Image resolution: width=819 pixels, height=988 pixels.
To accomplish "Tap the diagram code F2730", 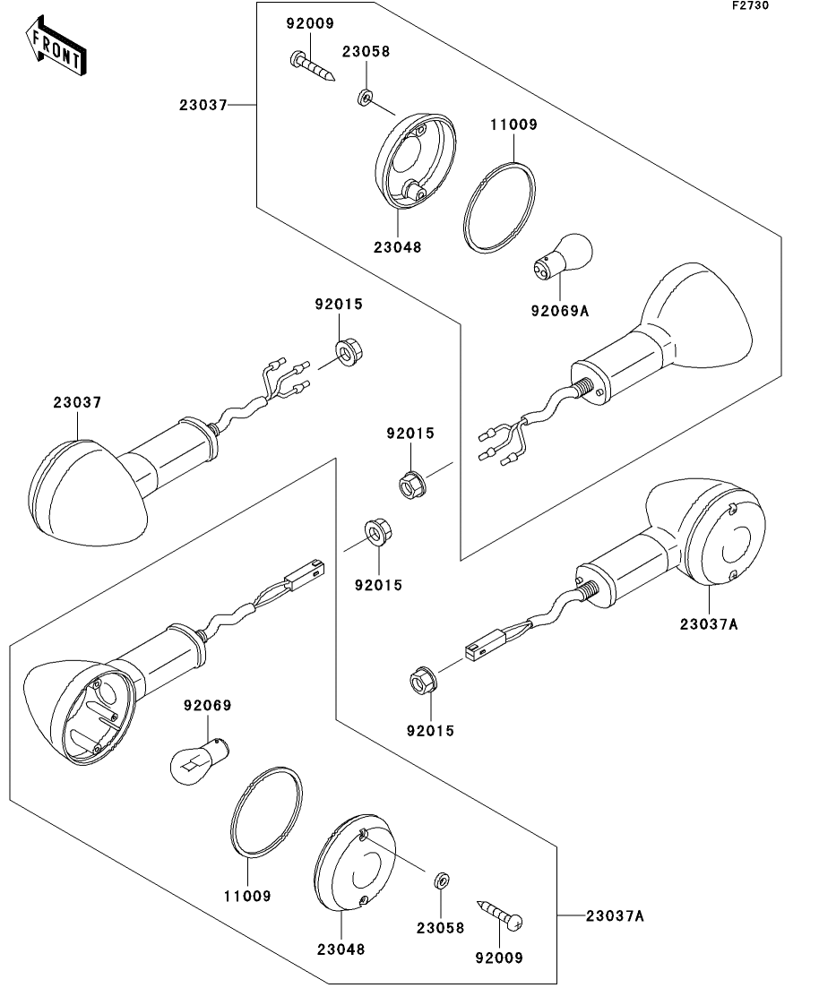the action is coord(750,5).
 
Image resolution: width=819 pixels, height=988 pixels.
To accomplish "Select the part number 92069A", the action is coord(559,311).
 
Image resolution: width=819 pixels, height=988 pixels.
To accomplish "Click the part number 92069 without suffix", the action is coord(207,705).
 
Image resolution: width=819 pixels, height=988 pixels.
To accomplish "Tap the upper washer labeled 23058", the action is coord(365,97).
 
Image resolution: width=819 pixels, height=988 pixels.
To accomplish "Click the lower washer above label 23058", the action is coord(442,880).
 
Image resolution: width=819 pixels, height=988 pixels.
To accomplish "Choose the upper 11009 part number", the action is coord(513,125).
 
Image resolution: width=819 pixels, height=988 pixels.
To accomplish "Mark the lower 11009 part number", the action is coord(247,896).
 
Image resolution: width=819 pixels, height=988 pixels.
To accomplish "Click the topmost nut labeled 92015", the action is coord(344,352).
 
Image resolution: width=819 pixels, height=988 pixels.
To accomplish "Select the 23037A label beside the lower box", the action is coord(615,915).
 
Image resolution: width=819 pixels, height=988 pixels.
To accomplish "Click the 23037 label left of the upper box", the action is coord(203,105).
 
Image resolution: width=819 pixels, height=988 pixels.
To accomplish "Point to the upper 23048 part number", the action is coord(397,247).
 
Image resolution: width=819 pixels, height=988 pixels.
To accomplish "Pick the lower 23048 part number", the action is coord(341,949).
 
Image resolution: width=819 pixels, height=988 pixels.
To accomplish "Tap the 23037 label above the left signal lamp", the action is coord(77,401).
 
